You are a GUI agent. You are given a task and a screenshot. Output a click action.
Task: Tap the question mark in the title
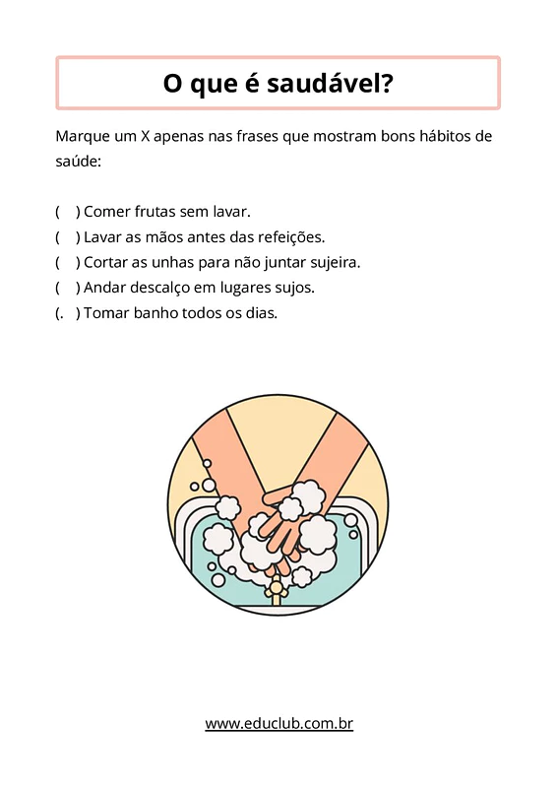click(387, 83)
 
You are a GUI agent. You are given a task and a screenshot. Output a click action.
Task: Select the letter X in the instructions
click(145, 136)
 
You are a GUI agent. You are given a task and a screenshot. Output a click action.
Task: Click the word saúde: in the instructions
click(79, 162)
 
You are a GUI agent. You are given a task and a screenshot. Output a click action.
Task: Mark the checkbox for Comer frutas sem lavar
click(68, 212)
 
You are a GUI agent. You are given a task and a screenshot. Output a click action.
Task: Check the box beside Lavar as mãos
click(68, 237)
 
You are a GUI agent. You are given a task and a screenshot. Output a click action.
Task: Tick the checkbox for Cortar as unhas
click(68, 262)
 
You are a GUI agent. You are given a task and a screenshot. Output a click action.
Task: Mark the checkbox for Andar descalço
click(68, 288)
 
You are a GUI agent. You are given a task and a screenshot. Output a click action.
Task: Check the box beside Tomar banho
click(68, 313)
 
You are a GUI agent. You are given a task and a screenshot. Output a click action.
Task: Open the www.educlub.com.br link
click(278, 724)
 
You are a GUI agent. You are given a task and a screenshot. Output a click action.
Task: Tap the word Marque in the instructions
click(83, 137)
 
